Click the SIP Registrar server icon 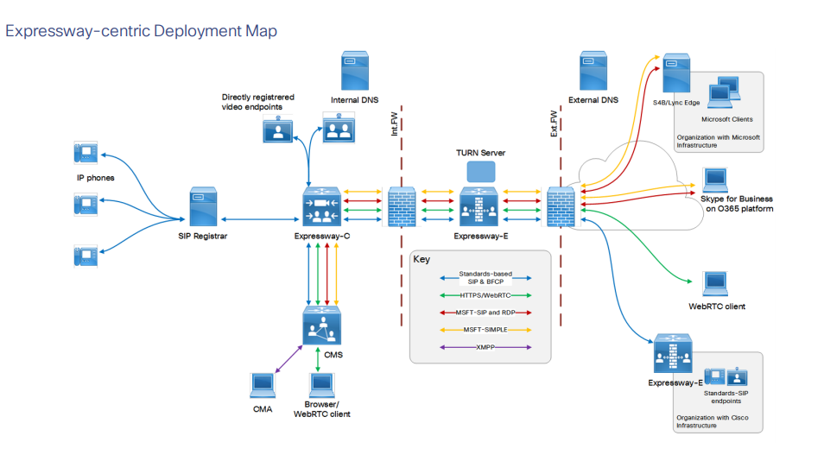click(202, 208)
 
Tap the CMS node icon click(322, 326)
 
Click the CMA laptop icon click(263, 386)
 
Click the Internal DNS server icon click(355, 72)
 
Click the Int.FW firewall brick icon click(402, 208)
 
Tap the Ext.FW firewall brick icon click(561, 208)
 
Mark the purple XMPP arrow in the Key click(484, 347)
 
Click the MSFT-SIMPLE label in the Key click(483, 329)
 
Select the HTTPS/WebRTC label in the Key click(483, 295)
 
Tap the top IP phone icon click(85, 153)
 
